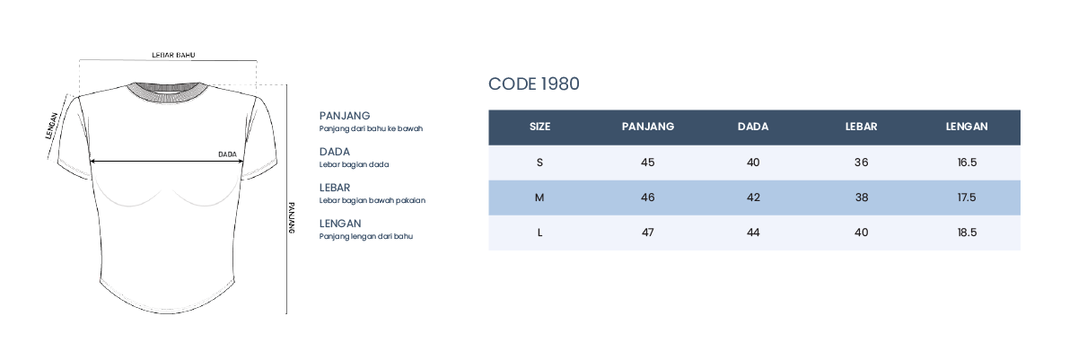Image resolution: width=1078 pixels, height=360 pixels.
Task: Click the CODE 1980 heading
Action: pyautogui.click(x=534, y=83)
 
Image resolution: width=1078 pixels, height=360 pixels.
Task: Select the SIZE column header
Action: pyautogui.click(x=539, y=127)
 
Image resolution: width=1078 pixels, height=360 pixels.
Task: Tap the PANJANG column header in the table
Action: pyautogui.click(x=648, y=127)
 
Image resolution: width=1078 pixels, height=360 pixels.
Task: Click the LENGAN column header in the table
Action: pyautogui.click(x=967, y=127)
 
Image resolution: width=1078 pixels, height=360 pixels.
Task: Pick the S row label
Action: pyautogui.click(x=539, y=162)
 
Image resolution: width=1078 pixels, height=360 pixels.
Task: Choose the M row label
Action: pyautogui.click(x=539, y=198)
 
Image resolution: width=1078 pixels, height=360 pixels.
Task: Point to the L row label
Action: pyautogui.click(x=539, y=233)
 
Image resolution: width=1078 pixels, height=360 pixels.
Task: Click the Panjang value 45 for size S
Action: pyautogui.click(x=648, y=162)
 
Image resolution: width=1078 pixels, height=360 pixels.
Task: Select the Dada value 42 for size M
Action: pyautogui.click(x=753, y=198)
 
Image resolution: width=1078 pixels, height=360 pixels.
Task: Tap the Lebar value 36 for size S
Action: pyautogui.click(x=861, y=162)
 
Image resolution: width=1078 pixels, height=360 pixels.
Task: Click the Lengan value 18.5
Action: pyautogui.click(x=967, y=233)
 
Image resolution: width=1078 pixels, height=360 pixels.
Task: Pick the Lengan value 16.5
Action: pyautogui.click(x=967, y=162)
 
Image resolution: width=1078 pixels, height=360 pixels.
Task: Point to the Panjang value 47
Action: pyautogui.click(x=648, y=233)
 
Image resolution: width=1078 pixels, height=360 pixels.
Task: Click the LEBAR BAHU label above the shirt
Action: pyautogui.click(x=173, y=55)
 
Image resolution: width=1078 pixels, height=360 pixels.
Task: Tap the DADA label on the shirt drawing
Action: pyautogui.click(x=227, y=154)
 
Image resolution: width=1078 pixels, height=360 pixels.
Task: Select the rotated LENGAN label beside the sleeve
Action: pyautogui.click(x=51, y=126)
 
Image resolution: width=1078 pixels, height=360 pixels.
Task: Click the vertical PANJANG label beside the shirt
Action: pyautogui.click(x=291, y=218)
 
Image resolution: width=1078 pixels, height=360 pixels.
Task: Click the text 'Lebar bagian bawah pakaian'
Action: pyautogui.click(x=372, y=200)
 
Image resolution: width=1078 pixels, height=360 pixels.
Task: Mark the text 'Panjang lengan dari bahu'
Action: pyautogui.click(x=365, y=236)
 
